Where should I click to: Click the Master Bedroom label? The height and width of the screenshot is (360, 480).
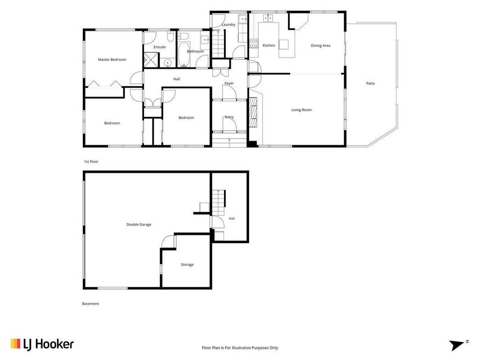pyautogui.click(x=112, y=60)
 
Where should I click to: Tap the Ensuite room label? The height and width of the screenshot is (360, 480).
pyautogui.click(x=160, y=47)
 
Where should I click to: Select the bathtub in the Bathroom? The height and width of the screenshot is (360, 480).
pyautogui.click(x=184, y=54)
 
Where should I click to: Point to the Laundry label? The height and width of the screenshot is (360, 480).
pyautogui.click(x=229, y=24)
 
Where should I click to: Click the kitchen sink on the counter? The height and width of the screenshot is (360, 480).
pyautogui.click(x=268, y=18)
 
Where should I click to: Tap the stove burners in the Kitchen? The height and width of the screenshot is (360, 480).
pyautogui.click(x=254, y=44)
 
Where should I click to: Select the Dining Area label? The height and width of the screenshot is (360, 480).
pyautogui.click(x=320, y=45)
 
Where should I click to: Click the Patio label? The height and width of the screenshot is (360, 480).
pyautogui.click(x=370, y=83)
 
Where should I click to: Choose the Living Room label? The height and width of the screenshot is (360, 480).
pyautogui.click(x=301, y=110)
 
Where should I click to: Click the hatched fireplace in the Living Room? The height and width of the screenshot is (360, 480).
pyautogui.click(x=253, y=112)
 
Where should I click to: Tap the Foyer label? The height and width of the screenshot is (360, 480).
pyautogui.click(x=229, y=83)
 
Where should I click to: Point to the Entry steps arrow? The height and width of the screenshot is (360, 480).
pyautogui.click(x=229, y=140)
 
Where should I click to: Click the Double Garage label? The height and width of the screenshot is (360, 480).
pyautogui.click(x=139, y=225)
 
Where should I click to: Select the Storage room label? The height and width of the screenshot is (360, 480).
pyautogui.click(x=187, y=265)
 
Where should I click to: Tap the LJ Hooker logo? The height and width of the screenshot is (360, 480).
pyautogui.click(x=42, y=344)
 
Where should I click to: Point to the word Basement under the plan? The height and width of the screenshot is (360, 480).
pyautogui.click(x=90, y=304)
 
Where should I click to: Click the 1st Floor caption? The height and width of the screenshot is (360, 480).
pyautogui.click(x=91, y=162)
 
